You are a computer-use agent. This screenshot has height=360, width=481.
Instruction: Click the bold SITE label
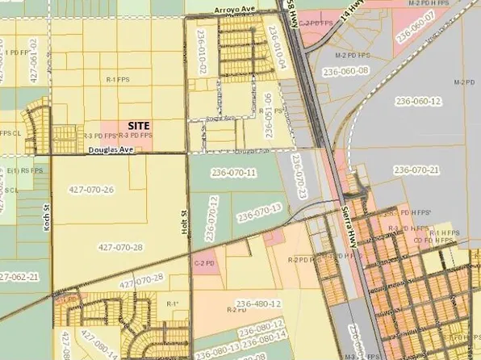click(x=144, y=126)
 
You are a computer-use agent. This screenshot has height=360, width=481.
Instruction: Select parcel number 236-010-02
click(x=197, y=59)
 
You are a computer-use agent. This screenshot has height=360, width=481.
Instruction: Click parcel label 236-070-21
click(x=416, y=170)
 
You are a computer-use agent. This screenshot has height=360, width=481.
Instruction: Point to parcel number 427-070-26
click(x=91, y=190)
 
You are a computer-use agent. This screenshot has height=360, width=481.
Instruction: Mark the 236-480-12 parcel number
click(x=257, y=303)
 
